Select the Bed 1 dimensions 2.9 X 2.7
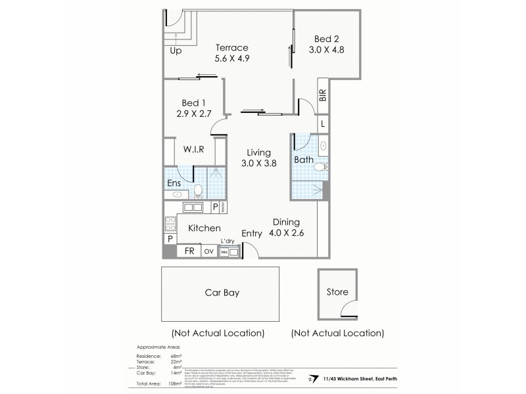tap(194, 114)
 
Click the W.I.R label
tap(194, 149)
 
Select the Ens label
tap(174, 183)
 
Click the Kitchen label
tap(204, 228)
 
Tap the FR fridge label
tap(189, 251)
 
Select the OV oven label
tap(209, 251)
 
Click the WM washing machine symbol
tap(224, 252)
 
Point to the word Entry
tap(252, 233)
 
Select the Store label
tap(338, 293)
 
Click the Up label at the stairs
tap(176, 51)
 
